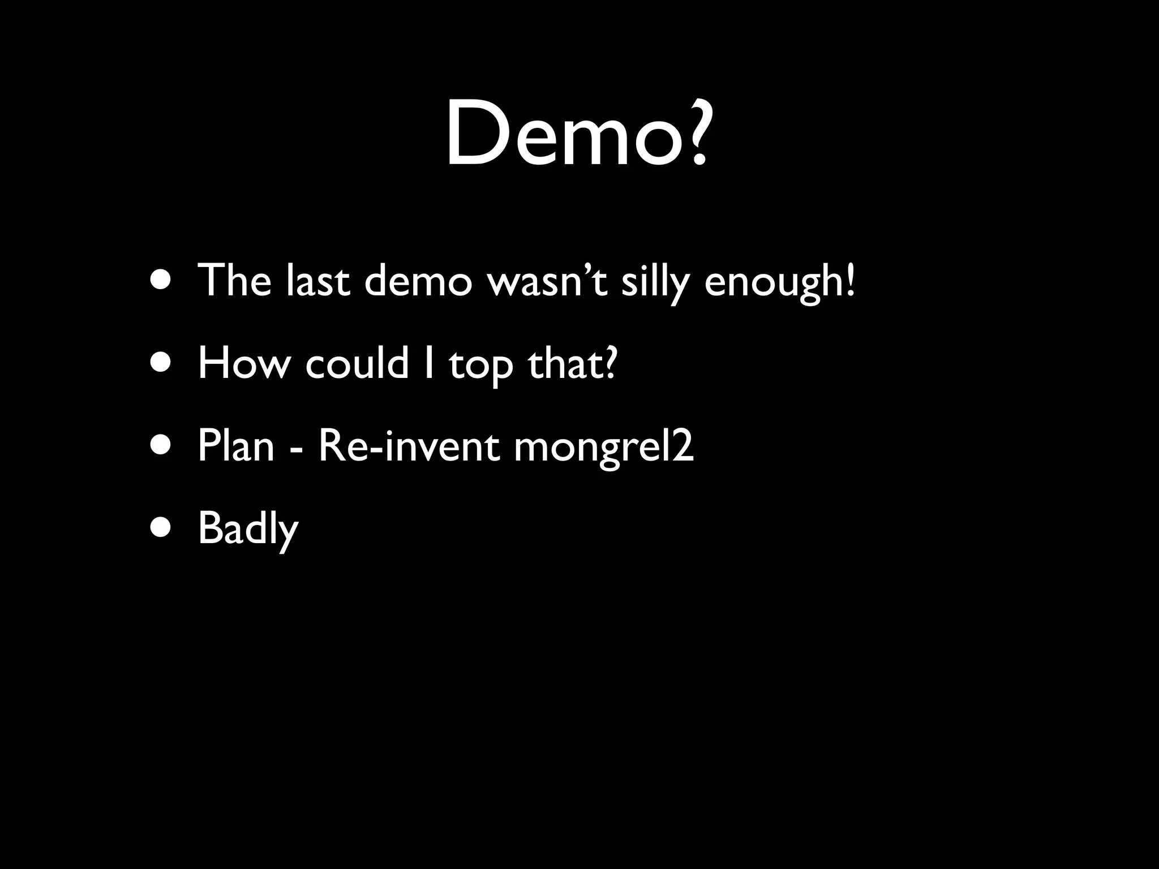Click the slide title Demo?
click(x=576, y=134)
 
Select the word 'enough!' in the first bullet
click(x=780, y=281)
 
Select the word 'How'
click(x=243, y=363)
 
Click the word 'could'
click(x=357, y=363)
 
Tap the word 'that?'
click(x=572, y=363)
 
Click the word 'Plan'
click(x=236, y=446)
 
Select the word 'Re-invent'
click(x=409, y=446)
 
